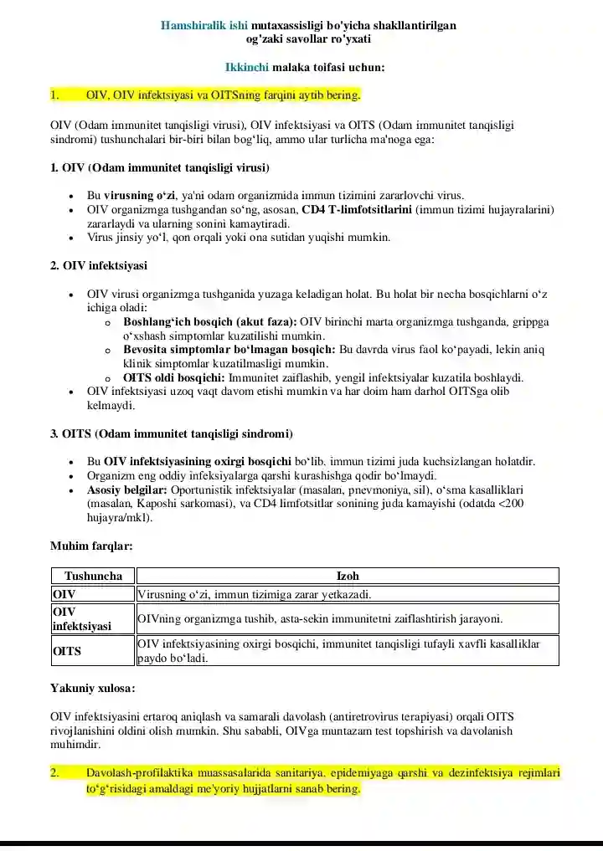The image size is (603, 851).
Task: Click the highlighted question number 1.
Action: (54, 95)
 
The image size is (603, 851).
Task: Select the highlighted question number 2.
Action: (54, 772)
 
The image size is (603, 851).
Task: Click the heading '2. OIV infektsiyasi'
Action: (99, 265)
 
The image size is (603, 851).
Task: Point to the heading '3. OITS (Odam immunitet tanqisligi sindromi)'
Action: (171, 433)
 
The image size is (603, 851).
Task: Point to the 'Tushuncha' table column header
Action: (93, 576)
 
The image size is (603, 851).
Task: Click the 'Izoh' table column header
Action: (348, 576)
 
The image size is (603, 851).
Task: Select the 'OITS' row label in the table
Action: (67, 650)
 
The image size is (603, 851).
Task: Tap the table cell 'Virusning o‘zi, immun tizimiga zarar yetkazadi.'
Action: (255, 594)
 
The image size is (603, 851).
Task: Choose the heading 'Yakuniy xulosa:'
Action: (92, 688)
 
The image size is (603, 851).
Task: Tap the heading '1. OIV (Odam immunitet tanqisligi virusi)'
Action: (159, 168)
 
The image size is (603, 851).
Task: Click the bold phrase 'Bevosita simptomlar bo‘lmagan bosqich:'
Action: (229, 349)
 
